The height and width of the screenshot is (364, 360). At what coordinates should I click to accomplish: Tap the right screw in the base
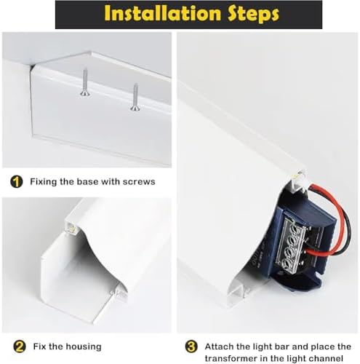point(135,97)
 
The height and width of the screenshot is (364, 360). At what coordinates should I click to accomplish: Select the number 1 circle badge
point(16,181)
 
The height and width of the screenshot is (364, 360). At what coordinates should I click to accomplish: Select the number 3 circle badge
point(191,347)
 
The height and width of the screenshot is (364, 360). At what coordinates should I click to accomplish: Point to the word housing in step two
point(84,347)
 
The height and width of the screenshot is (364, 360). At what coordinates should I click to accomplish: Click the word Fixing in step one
point(44,181)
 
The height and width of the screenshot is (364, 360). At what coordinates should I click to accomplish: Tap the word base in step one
point(94,181)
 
